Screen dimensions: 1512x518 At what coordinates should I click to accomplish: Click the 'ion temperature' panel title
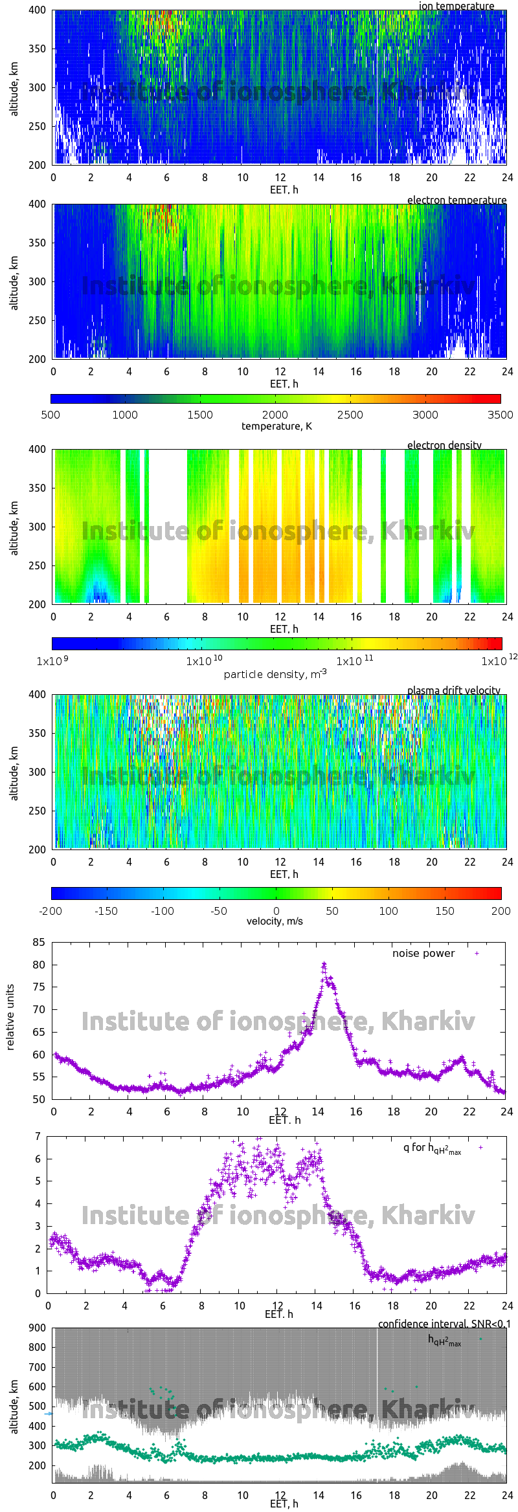pos(456,6)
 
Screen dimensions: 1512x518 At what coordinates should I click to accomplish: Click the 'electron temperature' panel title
pos(456,200)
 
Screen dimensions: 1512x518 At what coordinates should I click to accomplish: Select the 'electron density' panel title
pos(444,445)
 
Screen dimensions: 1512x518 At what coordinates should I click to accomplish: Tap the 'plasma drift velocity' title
pos(453,690)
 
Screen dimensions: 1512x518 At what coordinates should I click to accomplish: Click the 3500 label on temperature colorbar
pos(500,415)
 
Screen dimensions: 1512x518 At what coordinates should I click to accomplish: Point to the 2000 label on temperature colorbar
pos(275,415)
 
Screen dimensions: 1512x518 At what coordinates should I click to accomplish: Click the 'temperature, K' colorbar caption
pos(276,426)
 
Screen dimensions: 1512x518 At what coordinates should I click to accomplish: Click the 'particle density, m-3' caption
pos(275,674)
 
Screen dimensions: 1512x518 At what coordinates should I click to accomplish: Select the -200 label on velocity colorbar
pos(51,911)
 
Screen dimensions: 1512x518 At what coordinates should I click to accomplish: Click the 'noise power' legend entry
pos(423,953)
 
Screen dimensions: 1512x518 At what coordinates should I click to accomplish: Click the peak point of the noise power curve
pos(324,964)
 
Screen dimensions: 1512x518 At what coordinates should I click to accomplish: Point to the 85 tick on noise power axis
pos(39,942)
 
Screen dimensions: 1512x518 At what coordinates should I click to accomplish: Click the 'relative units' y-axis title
pos(10,1018)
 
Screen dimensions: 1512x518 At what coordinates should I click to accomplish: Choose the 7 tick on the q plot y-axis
pos(38,1136)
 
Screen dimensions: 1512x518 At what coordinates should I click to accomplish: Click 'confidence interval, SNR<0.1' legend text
pos(444,1324)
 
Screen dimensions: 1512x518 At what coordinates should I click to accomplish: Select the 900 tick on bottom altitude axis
pos(38,1328)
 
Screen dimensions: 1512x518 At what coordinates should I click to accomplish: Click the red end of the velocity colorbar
pos(498,893)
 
